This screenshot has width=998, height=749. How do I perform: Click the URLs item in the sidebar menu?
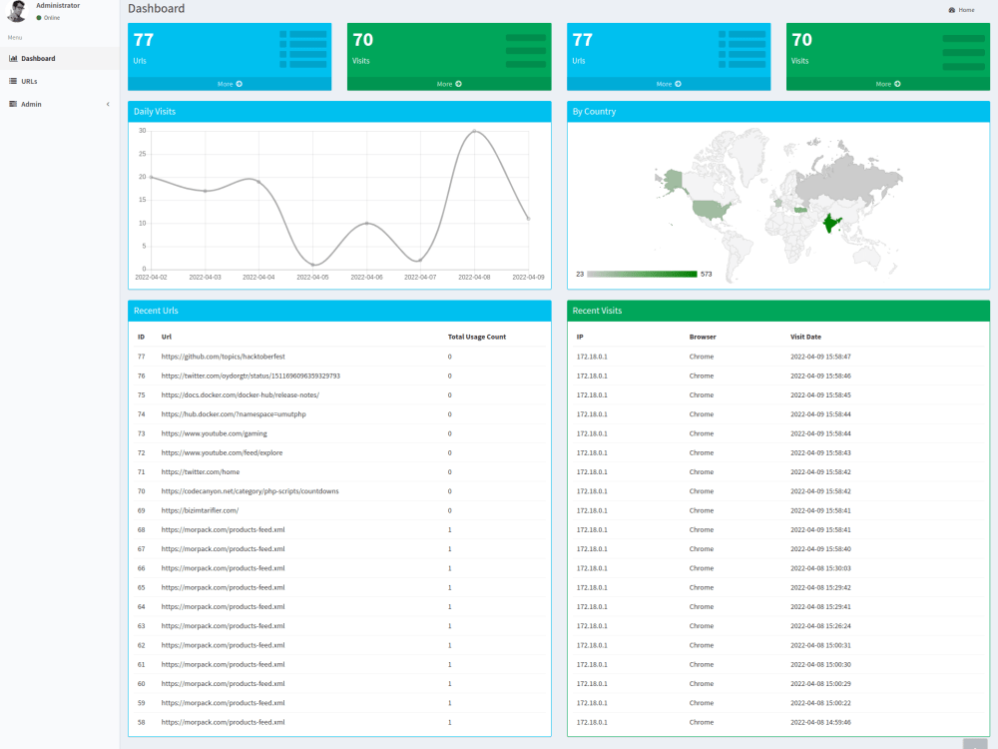tap(29, 82)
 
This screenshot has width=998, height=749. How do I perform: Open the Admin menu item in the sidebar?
tap(31, 105)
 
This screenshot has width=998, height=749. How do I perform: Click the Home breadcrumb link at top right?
tap(966, 10)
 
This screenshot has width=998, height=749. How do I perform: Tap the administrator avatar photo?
tap(17, 11)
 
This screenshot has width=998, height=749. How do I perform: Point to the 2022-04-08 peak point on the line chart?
tap(474, 131)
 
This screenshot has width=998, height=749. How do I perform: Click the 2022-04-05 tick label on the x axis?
tap(312, 278)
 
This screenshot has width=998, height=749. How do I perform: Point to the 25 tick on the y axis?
tap(143, 154)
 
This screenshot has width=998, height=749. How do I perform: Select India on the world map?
tap(830, 224)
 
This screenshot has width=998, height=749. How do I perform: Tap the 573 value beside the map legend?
tap(707, 275)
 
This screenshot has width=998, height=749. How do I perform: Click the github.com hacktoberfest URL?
tap(223, 357)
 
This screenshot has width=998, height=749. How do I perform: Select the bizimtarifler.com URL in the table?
tap(200, 510)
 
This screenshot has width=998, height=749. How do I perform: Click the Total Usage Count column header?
tap(477, 337)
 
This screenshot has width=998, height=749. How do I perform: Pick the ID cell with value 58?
tap(142, 722)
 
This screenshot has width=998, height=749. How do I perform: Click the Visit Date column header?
tap(805, 337)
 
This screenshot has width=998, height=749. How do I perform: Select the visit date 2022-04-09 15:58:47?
tap(820, 357)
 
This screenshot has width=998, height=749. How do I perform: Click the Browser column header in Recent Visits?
tap(703, 337)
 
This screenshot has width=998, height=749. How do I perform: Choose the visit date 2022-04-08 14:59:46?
tap(820, 722)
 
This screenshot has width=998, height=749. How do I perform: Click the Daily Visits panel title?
tap(155, 112)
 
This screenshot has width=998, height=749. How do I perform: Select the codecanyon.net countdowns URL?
tap(250, 491)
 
